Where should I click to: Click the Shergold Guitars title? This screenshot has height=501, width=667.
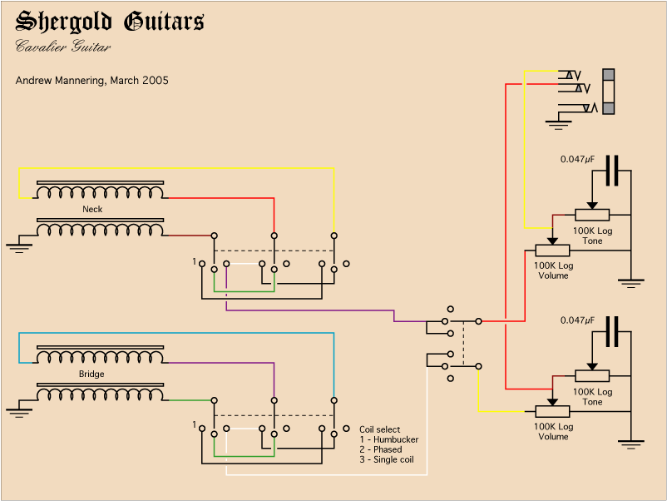click(x=109, y=22)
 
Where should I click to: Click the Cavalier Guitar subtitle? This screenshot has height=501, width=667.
click(x=63, y=47)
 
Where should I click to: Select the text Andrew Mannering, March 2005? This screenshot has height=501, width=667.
click(x=91, y=81)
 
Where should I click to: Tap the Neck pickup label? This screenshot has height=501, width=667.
click(x=92, y=209)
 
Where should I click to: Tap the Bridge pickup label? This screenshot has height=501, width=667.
click(x=91, y=375)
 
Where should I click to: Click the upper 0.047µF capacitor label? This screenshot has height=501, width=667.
click(x=577, y=159)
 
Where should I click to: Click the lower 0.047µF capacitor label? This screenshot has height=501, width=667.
click(x=577, y=320)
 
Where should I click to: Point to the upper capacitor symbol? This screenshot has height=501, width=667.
click(x=613, y=171)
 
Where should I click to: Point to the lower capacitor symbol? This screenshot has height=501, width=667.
click(x=613, y=331)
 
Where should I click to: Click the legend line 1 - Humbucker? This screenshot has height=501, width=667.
click(x=388, y=439)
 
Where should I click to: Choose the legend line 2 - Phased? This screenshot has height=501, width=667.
click(x=381, y=449)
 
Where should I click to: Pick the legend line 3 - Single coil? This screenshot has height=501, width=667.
click(x=387, y=459)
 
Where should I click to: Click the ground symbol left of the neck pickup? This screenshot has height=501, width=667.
click(x=16, y=246)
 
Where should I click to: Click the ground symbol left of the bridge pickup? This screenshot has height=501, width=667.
click(x=16, y=410)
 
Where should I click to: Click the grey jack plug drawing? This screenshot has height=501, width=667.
click(x=610, y=92)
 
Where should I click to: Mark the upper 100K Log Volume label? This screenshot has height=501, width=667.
click(x=553, y=270)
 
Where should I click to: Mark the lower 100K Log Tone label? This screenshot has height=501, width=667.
click(x=593, y=397)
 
